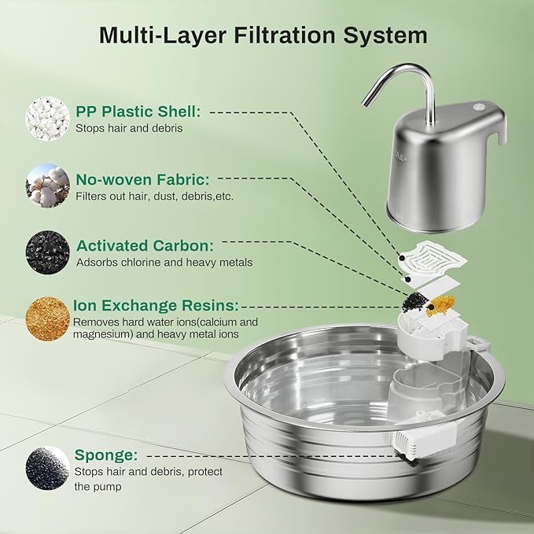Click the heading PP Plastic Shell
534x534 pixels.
click(x=138, y=112)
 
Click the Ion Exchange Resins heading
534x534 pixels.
click(x=156, y=306)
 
